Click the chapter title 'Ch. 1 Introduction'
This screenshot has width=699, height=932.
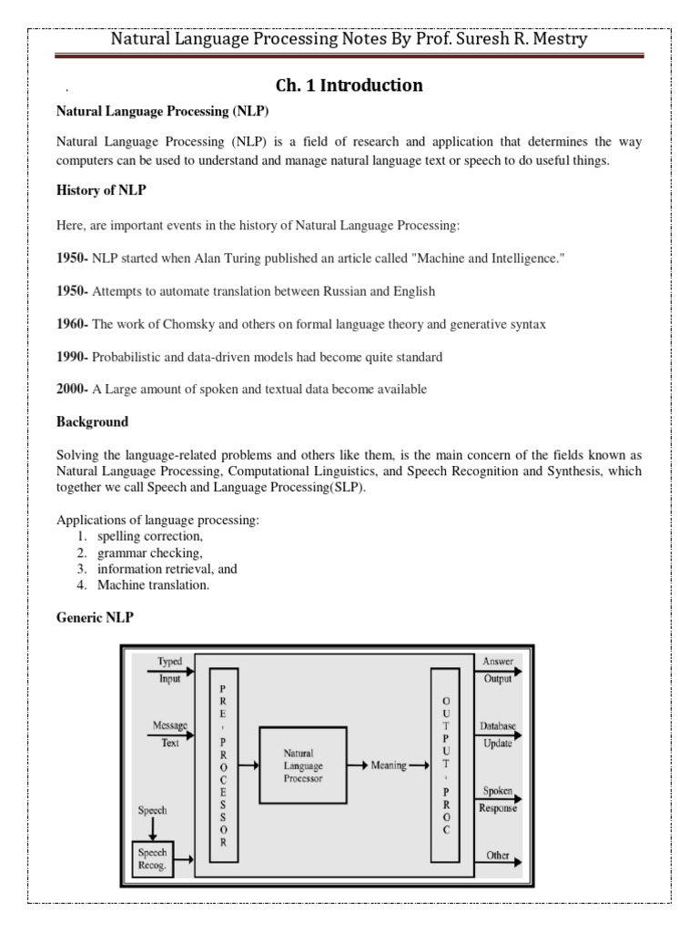click(x=349, y=86)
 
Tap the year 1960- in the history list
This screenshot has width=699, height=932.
click(x=73, y=325)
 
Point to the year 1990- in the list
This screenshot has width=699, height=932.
click(x=73, y=357)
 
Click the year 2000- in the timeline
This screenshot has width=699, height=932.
click(x=73, y=390)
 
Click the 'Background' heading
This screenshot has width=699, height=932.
click(x=92, y=422)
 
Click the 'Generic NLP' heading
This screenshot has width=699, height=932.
click(x=95, y=618)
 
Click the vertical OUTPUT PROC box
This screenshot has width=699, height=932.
click(x=445, y=765)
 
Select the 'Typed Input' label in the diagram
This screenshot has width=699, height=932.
click(x=170, y=669)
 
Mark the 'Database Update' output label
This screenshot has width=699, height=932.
click(x=498, y=734)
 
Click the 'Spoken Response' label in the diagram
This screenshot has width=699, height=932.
click(x=498, y=799)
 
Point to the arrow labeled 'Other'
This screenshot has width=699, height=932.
click(x=498, y=857)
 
